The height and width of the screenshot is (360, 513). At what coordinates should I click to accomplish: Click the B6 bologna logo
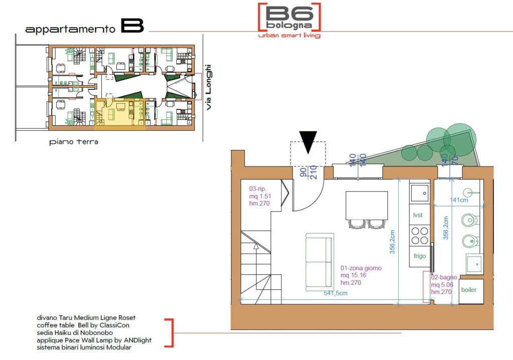289,21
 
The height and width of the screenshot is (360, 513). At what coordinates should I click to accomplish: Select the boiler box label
468,290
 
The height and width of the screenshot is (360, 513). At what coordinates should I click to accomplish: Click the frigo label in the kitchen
419,256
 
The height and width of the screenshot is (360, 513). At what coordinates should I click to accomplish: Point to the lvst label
418,215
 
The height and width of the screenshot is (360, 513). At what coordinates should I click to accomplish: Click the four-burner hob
420,236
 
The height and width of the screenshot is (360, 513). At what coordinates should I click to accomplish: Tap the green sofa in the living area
320,262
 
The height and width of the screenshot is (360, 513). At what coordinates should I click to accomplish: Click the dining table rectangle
367,206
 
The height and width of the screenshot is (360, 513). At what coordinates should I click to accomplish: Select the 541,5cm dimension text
336,293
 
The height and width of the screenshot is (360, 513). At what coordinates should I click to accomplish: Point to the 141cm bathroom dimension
459,200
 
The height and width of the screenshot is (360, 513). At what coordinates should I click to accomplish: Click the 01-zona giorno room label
361,268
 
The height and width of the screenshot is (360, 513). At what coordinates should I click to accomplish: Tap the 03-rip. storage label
258,189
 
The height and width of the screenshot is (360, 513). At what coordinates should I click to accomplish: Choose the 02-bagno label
444,277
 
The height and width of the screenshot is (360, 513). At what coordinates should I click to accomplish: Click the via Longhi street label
208,87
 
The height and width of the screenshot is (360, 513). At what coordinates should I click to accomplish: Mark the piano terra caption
74,142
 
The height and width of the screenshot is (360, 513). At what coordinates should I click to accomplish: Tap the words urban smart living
289,35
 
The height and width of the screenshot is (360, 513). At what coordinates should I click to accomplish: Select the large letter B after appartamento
132,26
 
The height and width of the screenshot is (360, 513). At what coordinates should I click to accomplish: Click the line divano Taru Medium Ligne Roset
86,318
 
